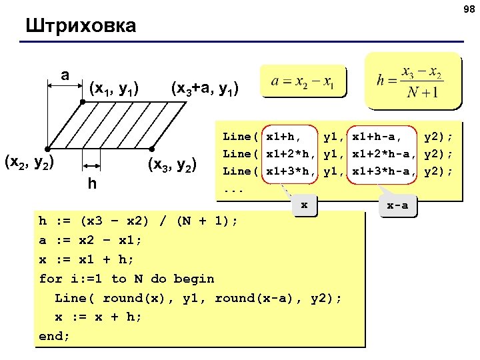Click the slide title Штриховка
81,26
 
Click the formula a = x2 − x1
303,82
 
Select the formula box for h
413,80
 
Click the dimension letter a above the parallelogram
65,75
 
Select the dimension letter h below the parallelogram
91,182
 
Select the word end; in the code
55,336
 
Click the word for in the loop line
51,279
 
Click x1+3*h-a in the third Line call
385,171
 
